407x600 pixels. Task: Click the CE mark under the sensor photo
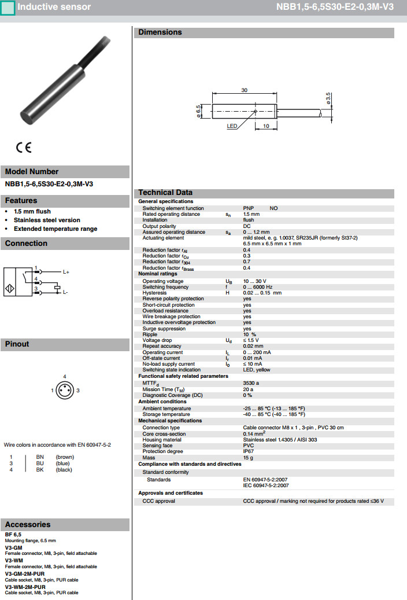click(x=24, y=148)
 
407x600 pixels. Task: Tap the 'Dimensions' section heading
click(x=160, y=32)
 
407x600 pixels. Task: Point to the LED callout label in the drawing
click(x=232, y=126)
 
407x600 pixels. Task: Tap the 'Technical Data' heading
click(x=165, y=193)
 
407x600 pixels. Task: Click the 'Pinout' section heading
click(x=17, y=344)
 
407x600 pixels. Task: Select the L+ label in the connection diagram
click(x=66, y=272)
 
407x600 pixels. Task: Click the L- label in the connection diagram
click(x=65, y=292)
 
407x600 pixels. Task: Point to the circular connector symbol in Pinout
click(x=64, y=391)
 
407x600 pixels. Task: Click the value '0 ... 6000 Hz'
click(x=257, y=287)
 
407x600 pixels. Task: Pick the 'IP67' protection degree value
click(x=249, y=451)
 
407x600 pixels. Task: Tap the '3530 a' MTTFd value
click(x=251, y=382)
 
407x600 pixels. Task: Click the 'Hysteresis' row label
click(x=154, y=293)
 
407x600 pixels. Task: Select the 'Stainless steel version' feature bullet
click(x=47, y=220)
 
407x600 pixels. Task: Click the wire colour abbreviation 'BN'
click(x=40, y=457)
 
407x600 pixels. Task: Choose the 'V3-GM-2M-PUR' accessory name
click(x=25, y=573)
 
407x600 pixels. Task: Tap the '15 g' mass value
click(x=248, y=458)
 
